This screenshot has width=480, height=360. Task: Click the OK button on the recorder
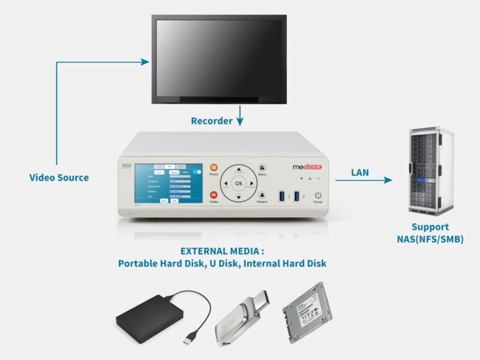[239, 183]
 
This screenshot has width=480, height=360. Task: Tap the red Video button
[214, 195]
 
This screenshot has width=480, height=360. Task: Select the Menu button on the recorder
[262, 169]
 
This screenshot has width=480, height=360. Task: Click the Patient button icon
[262, 196]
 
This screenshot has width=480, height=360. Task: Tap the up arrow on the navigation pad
[239, 169]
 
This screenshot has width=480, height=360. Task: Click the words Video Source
[59, 178]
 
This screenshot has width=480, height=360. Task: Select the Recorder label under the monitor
[211, 121]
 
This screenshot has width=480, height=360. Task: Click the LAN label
[360, 173]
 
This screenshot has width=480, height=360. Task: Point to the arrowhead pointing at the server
[388, 180]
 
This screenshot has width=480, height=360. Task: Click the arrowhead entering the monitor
[145, 61]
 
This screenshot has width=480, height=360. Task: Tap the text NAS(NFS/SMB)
[430, 239]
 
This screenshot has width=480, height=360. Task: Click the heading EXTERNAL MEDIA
[222, 251]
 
